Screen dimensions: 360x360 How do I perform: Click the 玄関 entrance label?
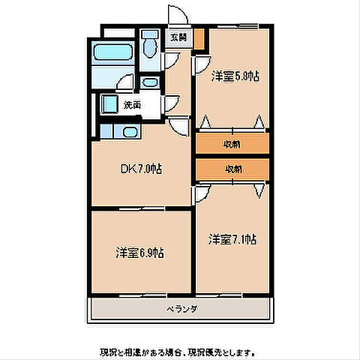point(178,36)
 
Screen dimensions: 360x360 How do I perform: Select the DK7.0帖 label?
point(142,169)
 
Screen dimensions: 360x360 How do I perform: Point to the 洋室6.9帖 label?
point(140,253)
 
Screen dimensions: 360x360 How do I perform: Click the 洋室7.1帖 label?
point(232,239)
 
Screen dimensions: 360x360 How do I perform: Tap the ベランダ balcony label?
point(181,308)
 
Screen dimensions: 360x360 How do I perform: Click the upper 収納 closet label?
point(232,143)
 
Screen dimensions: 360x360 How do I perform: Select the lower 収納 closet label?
point(232,169)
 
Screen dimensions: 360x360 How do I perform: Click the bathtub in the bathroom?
point(111,55)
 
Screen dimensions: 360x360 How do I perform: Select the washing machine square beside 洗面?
point(109,105)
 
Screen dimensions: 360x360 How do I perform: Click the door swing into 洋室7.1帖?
point(202,194)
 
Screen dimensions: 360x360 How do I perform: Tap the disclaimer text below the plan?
point(180,351)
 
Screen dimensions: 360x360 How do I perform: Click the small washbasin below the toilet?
point(150,82)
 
